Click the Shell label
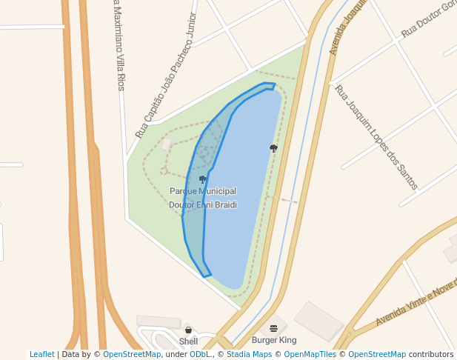point(188,341)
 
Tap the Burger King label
point(274,341)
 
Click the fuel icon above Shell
point(188,330)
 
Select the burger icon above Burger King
point(274,328)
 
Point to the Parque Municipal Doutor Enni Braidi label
point(203,198)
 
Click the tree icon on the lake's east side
point(273,148)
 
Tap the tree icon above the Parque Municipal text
point(202,179)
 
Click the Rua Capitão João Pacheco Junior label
point(167,76)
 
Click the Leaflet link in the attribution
point(41,355)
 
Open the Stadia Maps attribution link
point(246,355)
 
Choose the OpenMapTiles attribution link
point(308,355)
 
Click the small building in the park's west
point(167,144)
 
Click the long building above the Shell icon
point(159,321)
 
